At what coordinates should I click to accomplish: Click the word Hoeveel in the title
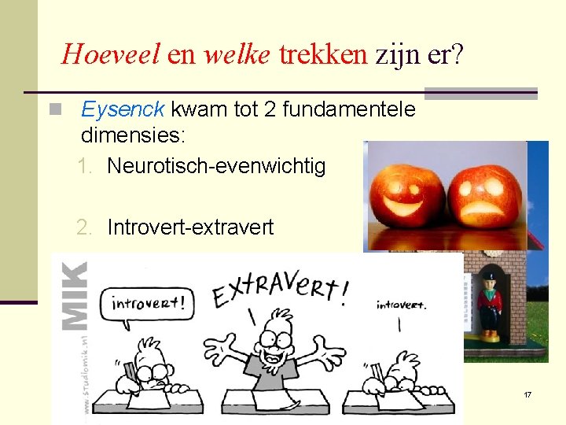coord(111,54)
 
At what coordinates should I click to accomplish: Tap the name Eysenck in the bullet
coord(123,109)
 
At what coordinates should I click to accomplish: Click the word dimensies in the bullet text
coord(130,135)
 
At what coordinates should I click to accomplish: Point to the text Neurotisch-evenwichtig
coord(215,166)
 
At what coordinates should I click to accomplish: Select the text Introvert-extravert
coord(190,227)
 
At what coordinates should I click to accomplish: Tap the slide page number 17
coord(527,394)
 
